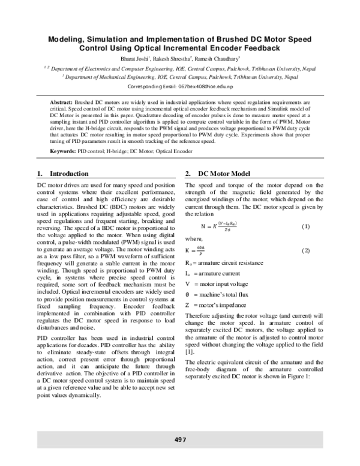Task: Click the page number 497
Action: (180, 440)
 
